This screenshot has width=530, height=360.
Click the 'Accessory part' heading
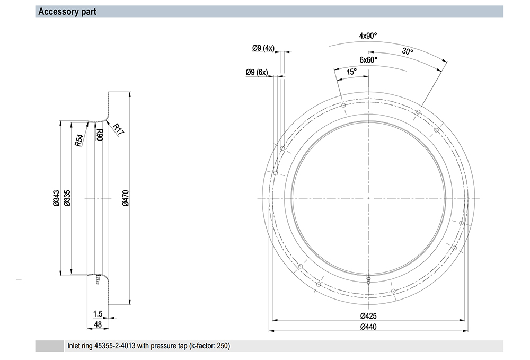pyautogui.click(x=67, y=12)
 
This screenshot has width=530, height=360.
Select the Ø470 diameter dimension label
pyautogui.click(x=126, y=198)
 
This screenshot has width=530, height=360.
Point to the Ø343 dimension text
pyautogui.click(x=56, y=198)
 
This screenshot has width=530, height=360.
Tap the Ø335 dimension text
pyautogui.click(x=67, y=198)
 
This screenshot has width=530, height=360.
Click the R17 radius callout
pyautogui.click(x=118, y=129)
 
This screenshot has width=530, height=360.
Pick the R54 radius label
pyautogui.click(x=79, y=141)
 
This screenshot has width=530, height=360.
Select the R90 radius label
pyautogui.click(x=100, y=135)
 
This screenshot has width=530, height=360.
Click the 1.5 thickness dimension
pyautogui.click(x=98, y=314)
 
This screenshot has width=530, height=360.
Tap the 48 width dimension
pyautogui.click(x=98, y=324)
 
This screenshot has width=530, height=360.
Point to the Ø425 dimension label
pyautogui.click(x=368, y=315)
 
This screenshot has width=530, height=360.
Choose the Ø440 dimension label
pyautogui.click(x=368, y=327)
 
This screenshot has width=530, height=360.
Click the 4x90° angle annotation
pyautogui.click(x=368, y=36)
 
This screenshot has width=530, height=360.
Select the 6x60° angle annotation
pyautogui.click(x=368, y=60)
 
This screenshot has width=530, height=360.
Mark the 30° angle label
pyautogui.click(x=408, y=51)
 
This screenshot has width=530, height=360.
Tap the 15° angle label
pyautogui.click(x=351, y=72)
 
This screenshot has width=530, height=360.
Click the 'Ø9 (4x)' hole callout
pyautogui.click(x=263, y=48)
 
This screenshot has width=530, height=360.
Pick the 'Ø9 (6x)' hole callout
pyautogui.click(x=257, y=72)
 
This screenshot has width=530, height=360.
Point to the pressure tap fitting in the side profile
pyautogui.click(x=98, y=278)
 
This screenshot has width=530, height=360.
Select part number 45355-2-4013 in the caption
pyautogui.click(x=114, y=346)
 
